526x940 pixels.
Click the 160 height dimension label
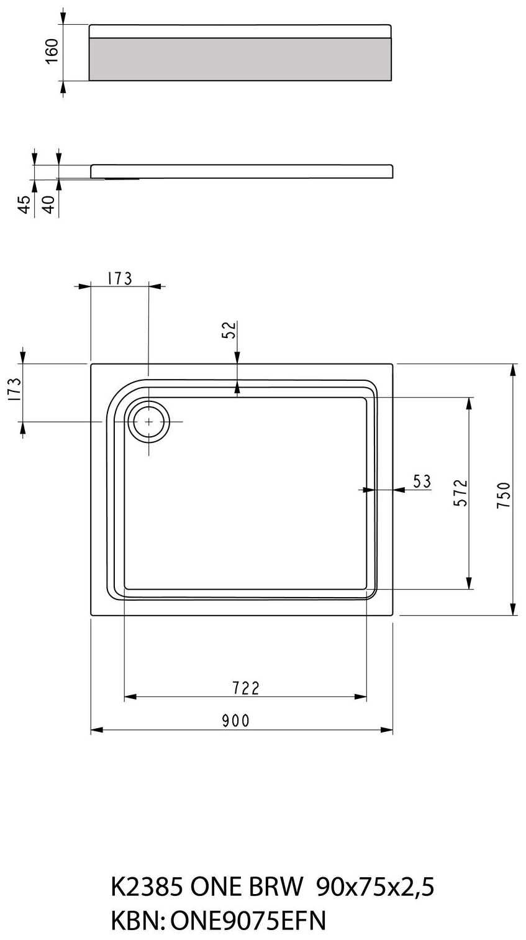pyautogui.click(x=52, y=51)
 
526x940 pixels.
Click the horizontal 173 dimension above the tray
pyautogui.click(x=119, y=278)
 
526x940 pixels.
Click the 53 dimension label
pyautogui.click(x=422, y=481)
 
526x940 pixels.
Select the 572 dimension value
pyautogui.click(x=461, y=493)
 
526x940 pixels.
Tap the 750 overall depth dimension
pyautogui.click(x=504, y=495)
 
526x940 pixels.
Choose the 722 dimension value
pyautogui.click(x=246, y=688)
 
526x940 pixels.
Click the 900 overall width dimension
pyautogui.click(x=236, y=721)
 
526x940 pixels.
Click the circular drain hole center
pyautogui.click(x=149, y=421)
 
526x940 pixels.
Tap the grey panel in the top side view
pyautogui.click(x=240, y=59)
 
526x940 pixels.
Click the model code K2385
pyautogui.click(x=147, y=887)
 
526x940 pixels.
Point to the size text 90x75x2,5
pyautogui.click(x=376, y=888)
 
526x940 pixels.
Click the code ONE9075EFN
pyautogui.click(x=248, y=921)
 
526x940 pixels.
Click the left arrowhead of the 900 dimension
pyautogui.click(x=97, y=730)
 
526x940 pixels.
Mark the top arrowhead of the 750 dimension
pyautogui.click(x=512, y=370)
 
